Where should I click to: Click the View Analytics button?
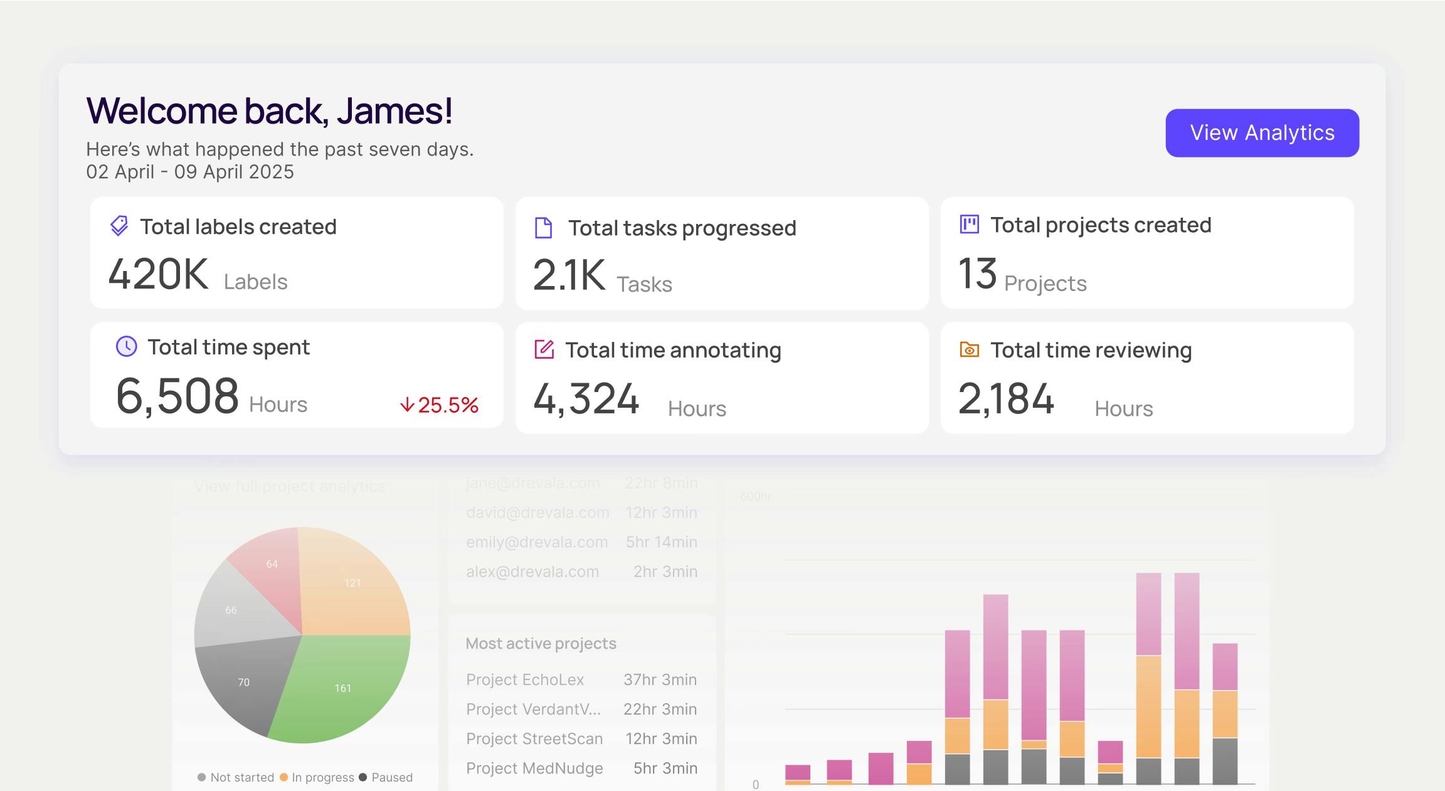click(1262, 133)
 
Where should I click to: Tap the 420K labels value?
click(158, 275)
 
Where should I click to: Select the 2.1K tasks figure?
click(569, 275)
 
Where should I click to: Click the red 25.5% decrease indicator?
click(440, 405)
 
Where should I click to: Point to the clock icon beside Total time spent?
click(127, 346)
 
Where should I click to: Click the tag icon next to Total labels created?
click(119, 226)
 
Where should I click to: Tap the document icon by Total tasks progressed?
click(543, 228)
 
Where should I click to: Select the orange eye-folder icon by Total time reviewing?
click(969, 349)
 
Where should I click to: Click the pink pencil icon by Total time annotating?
click(544, 349)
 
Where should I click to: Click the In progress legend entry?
click(317, 777)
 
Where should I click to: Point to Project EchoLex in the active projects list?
click(525, 679)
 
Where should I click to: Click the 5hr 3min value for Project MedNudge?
click(665, 768)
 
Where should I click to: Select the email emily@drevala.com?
click(537, 542)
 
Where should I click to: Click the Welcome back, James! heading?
click(269, 111)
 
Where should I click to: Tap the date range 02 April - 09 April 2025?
click(190, 172)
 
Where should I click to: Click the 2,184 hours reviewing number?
click(1006, 399)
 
